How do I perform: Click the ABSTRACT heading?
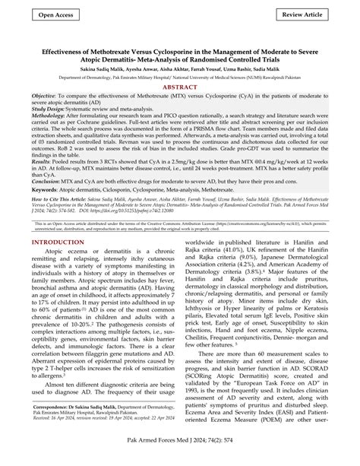(180, 90)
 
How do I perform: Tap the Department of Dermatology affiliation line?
(180, 78)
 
